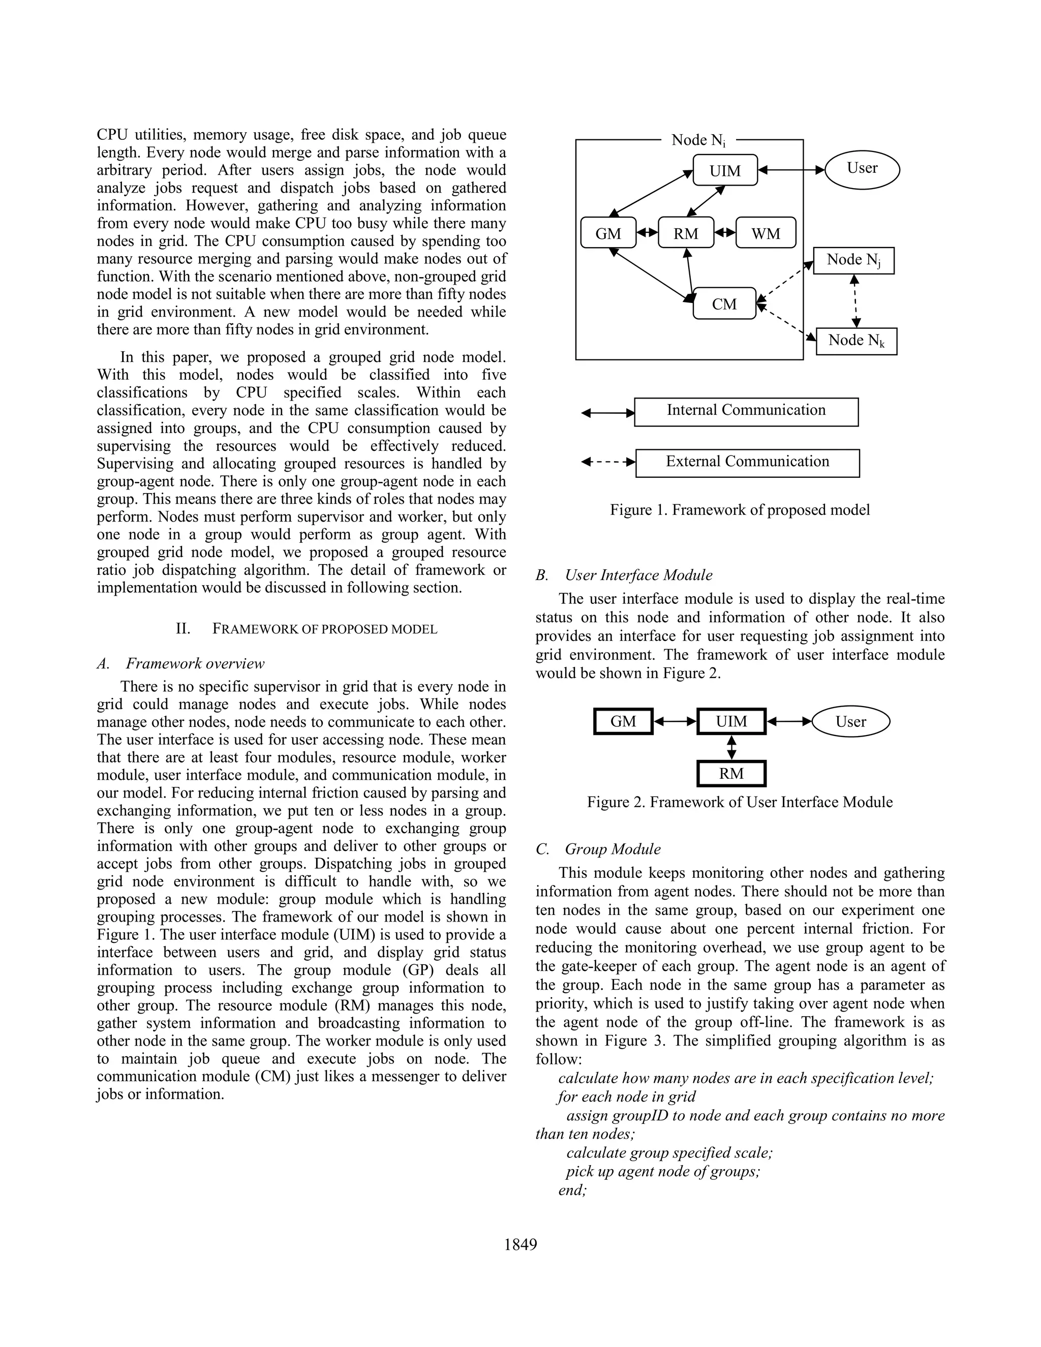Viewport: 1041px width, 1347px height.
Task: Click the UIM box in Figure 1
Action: click(x=725, y=170)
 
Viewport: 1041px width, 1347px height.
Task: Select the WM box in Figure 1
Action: click(x=766, y=233)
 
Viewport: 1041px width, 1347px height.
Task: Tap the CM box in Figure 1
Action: click(x=724, y=303)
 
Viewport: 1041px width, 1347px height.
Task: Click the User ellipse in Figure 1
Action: click(x=862, y=168)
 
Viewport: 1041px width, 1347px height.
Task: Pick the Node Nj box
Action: click(x=853, y=260)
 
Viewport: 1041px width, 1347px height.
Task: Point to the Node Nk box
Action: click(x=856, y=341)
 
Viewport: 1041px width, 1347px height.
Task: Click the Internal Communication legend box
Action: click(x=746, y=411)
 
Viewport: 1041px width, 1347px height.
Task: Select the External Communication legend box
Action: click(x=747, y=463)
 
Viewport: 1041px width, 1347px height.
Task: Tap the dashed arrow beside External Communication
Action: click(x=608, y=462)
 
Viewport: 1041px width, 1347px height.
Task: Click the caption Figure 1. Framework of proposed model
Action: click(x=740, y=510)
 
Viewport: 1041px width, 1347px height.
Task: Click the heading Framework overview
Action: click(x=195, y=664)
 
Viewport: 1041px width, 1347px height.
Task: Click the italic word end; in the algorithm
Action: click(x=572, y=1190)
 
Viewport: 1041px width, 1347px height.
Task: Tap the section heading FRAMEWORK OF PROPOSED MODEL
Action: click(x=324, y=629)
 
